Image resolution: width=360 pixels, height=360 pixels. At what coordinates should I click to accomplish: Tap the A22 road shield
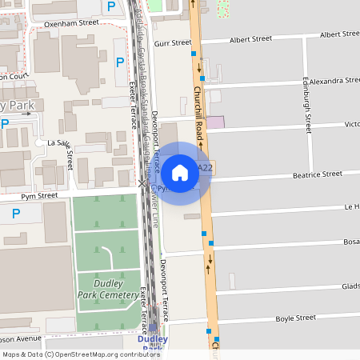click(205, 168)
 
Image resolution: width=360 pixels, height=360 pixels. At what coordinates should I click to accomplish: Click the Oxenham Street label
click(71, 23)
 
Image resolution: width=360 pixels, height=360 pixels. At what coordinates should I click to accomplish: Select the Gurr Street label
click(174, 43)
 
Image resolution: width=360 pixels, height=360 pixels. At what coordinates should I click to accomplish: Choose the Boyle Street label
click(296, 318)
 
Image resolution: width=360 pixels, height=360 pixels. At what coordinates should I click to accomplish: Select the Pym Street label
click(39, 195)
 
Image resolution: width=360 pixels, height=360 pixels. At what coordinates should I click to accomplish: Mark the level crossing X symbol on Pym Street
click(142, 184)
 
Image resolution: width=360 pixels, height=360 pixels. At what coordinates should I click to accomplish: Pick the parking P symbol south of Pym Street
click(15, 214)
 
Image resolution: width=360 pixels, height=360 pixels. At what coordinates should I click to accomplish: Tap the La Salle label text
click(58, 142)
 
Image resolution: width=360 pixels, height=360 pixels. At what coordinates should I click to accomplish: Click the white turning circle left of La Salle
click(39, 142)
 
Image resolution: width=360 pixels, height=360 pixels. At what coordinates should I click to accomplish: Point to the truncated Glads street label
click(350, 286)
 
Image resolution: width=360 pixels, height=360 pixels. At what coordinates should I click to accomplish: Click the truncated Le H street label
click(351, 206)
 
